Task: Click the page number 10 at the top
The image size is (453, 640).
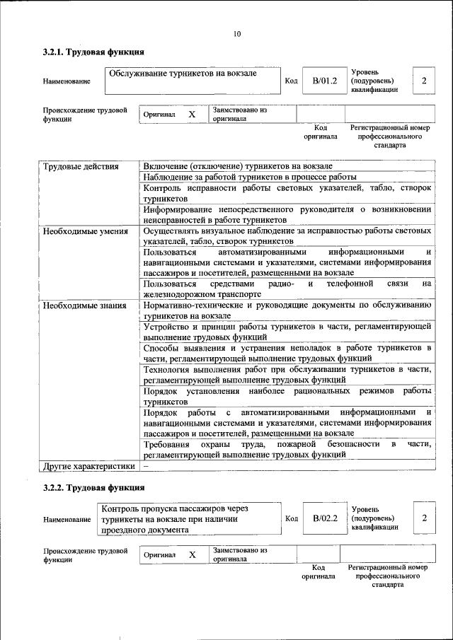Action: click(x=237, y=34)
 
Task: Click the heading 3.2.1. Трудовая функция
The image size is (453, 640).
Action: click(x=93, y=52)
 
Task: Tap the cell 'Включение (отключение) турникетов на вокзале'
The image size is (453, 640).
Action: click(x=237, y=166)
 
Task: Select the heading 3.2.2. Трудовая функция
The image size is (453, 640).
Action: click(x=93, y=487)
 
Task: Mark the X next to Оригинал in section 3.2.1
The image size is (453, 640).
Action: click(x=191, y=114)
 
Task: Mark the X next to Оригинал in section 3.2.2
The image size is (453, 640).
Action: click(x=191, y=555)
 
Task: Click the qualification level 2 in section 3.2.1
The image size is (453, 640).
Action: click(x=424, y=81)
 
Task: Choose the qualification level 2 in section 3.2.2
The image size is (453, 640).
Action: click(x=424, y=518)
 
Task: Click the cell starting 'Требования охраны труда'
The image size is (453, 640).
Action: click(x=287, y=450)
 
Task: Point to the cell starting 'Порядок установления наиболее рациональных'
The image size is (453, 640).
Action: click(x=287, y=396)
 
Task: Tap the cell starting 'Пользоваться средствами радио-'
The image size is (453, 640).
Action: click(x=287, y=289)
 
